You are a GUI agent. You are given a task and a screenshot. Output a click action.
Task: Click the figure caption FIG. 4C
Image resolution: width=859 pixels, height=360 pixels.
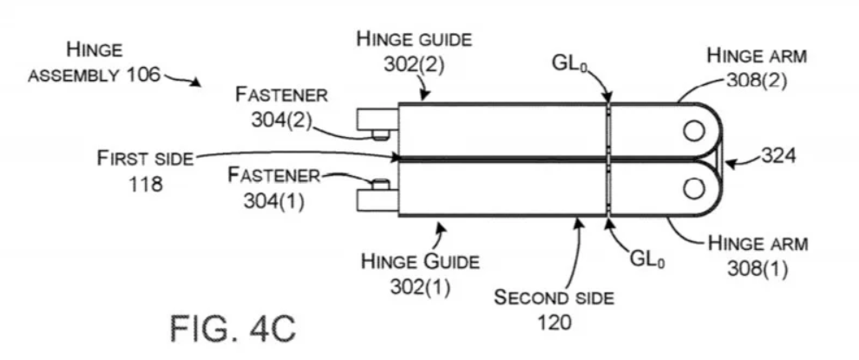coord(233,330)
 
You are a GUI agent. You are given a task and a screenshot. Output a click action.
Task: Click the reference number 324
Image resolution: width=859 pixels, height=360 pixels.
coord(779,156)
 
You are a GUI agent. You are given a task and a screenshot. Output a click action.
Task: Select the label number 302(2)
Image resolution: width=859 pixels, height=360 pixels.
coord(414,63)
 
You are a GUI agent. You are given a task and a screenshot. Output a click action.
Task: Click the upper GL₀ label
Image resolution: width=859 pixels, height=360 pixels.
coord(573,63)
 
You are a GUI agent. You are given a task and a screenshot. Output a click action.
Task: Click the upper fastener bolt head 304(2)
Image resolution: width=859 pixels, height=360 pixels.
coord(379,134)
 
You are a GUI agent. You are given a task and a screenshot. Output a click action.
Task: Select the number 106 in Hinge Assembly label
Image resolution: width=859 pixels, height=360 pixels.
coord(142,75)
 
